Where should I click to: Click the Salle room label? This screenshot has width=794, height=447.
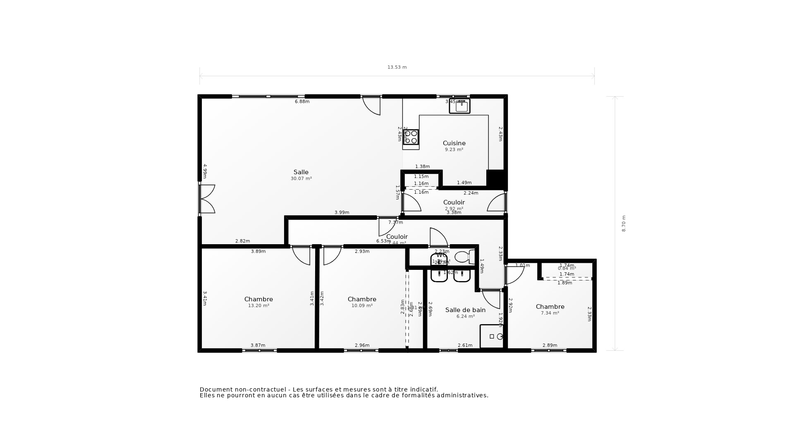301,172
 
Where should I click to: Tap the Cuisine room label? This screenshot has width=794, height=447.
454,143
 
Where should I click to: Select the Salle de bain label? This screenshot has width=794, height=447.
465,310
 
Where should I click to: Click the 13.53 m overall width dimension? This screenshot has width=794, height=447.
397,67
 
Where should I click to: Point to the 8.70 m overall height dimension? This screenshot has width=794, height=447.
624,223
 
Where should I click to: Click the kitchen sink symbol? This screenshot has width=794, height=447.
460,106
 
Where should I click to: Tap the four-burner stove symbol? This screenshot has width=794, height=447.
411,137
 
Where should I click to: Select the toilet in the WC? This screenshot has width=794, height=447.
465,257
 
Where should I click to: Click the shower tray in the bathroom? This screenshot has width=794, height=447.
492,336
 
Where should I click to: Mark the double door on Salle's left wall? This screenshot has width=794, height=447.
207,199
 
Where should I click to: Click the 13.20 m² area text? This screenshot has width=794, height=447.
258,306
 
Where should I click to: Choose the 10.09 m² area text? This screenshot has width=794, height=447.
362,306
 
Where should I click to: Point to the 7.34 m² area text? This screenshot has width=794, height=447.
550,313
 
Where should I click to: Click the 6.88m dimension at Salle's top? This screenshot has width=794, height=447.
302,102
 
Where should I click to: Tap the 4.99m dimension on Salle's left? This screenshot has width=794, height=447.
205,171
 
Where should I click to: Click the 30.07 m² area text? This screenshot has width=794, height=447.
301,179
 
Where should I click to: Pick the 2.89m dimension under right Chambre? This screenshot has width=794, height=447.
550,346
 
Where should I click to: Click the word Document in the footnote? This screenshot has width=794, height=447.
216,389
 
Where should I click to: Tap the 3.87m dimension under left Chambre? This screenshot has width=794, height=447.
258,346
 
